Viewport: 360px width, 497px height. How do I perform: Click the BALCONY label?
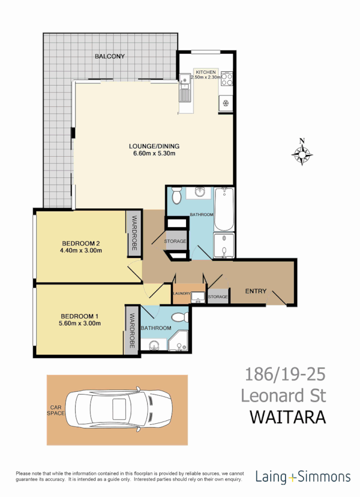[109, 56]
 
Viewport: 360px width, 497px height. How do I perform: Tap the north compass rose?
[302, 153]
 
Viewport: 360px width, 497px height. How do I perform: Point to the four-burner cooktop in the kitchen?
[226, 78]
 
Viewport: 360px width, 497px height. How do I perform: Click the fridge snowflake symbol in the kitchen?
[226, 103]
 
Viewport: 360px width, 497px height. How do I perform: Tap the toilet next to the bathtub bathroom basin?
[176, 196]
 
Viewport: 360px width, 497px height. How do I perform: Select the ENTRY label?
[256, 291]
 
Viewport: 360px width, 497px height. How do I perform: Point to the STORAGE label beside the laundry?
[218, 297]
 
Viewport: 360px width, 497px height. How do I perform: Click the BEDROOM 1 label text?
[80, 316]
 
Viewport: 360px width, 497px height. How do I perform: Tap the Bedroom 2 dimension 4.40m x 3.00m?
[80, 250]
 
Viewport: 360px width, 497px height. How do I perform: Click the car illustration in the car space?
[118, 409]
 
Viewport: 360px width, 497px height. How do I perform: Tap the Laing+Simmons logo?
[303, 476]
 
